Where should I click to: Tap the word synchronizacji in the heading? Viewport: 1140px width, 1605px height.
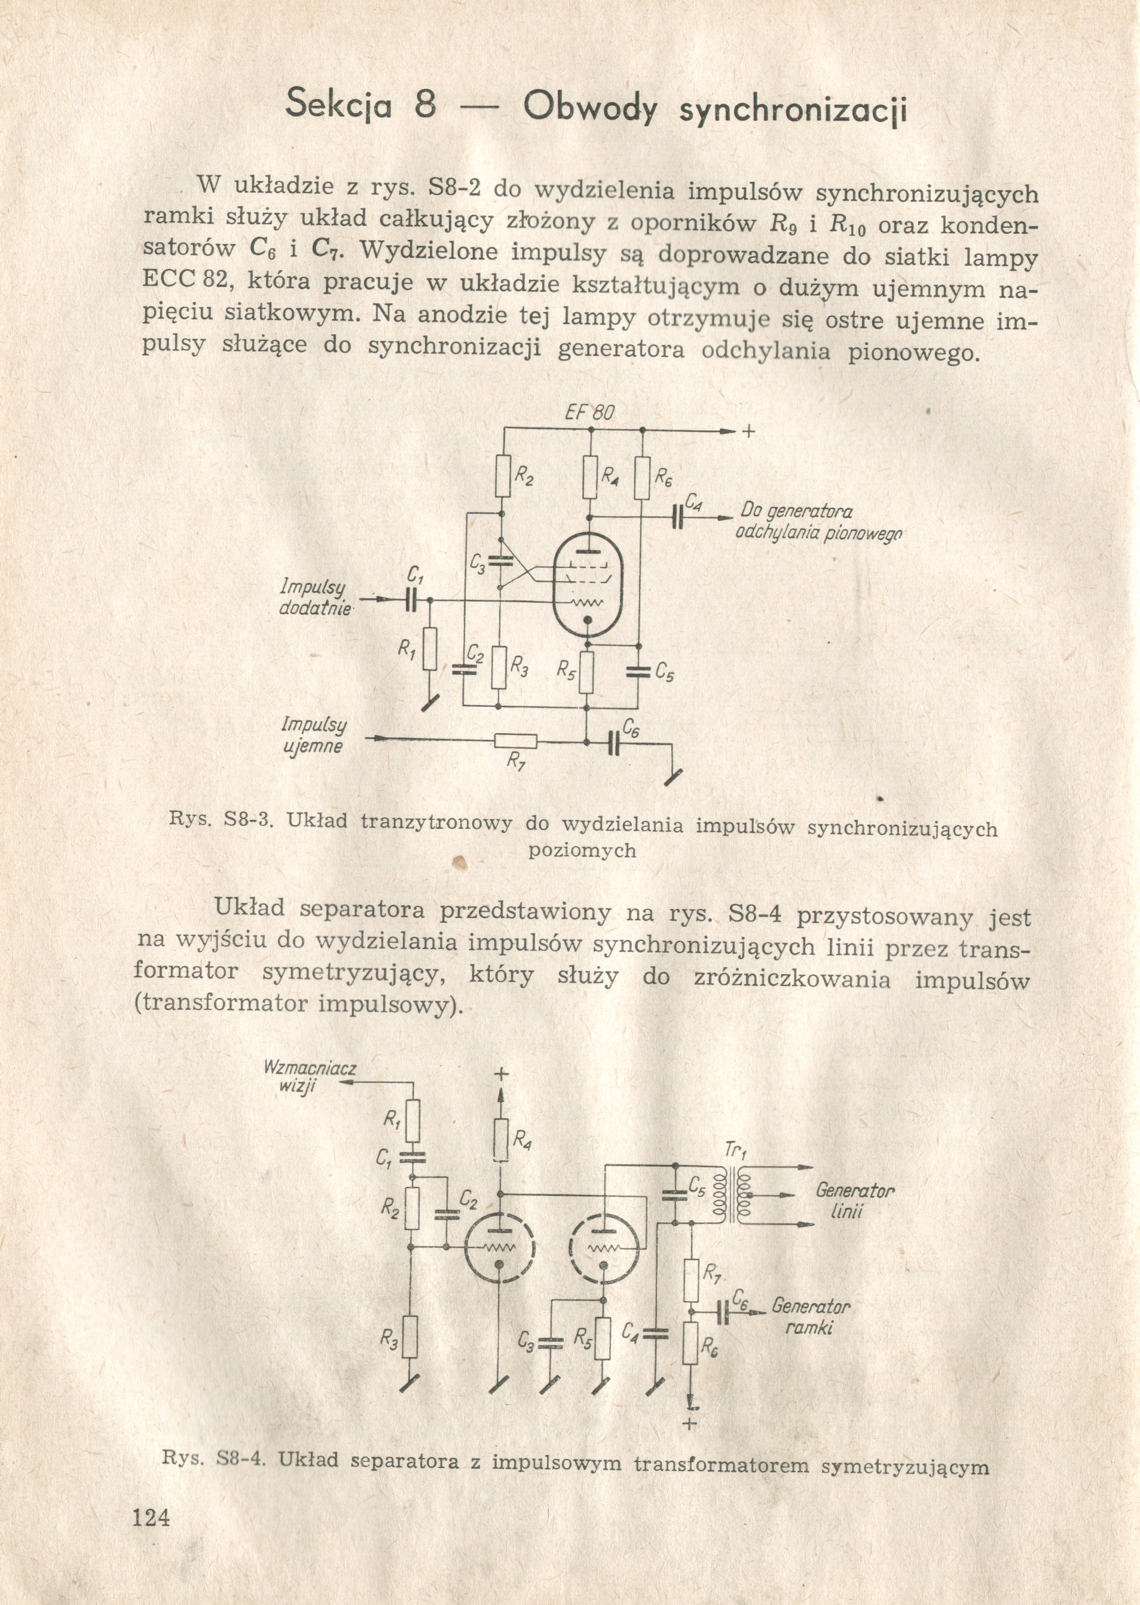793,110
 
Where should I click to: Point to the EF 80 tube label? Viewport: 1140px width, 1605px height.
589,413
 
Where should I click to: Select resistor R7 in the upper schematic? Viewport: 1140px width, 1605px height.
516,741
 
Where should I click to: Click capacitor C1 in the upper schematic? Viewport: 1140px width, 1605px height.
411,600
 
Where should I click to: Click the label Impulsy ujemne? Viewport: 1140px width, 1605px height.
314,735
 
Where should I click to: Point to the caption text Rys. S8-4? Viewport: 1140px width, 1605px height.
215,1460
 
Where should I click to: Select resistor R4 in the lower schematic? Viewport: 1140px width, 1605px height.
500,1141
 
